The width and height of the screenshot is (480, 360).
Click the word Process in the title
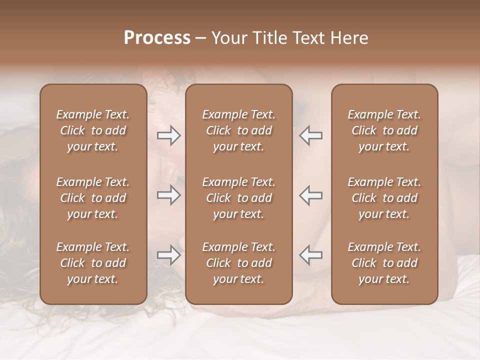click(157, 37)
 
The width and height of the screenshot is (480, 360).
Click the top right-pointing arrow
click(168, 135)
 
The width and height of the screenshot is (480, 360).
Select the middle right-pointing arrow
click(168, 195)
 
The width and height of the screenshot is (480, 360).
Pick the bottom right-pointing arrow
click(168, 255)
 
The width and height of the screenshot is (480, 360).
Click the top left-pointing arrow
click(311, 135)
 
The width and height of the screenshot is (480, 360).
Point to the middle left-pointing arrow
click(311, 195)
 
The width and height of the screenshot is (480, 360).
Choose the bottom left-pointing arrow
click(311, 255)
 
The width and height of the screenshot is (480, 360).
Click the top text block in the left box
click(93, 130)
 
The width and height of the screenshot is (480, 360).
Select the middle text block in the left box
click(93, 198)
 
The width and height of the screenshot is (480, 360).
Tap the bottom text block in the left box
click(93, 263)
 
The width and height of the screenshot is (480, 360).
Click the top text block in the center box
click(238, 130)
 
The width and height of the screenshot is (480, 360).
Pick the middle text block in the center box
click(238, 198)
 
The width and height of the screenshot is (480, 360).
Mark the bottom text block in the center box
click(238, 263)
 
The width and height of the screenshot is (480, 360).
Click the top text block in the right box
click(384, 130)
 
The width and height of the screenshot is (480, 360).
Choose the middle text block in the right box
click(384, 198)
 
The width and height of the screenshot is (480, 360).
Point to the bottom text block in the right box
click(384, 263)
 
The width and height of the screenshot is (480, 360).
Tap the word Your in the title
click(228, 37)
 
